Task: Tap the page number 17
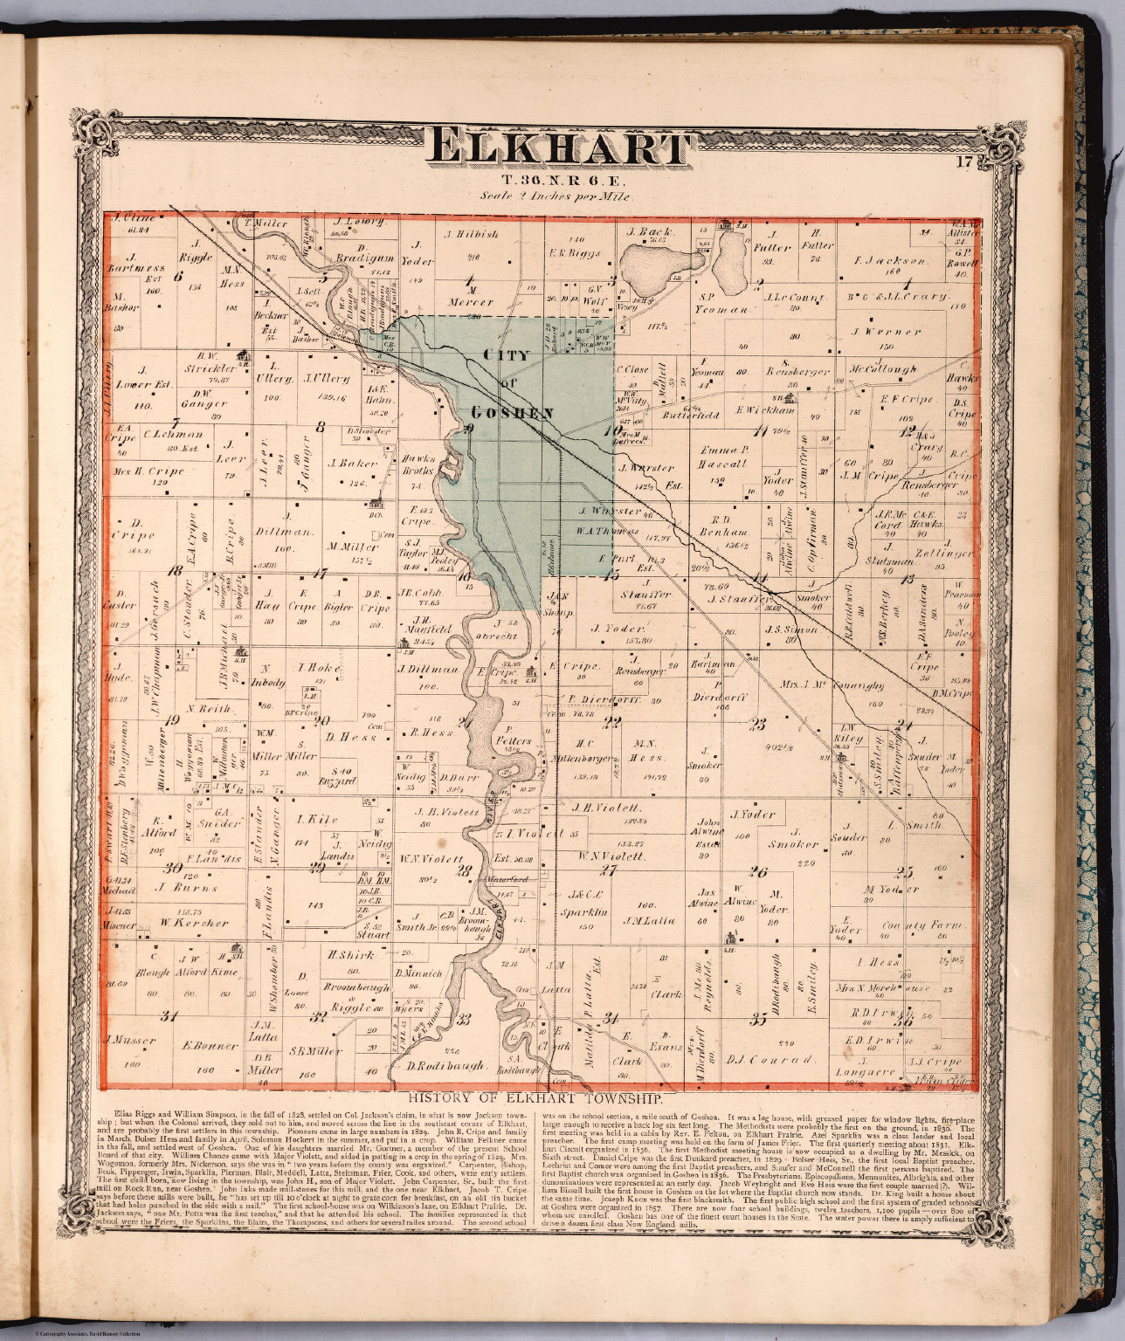point(964,161)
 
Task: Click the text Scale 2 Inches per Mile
point(555,197)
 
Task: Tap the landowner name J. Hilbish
point(471,234)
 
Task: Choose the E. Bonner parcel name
point(211,1045)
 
